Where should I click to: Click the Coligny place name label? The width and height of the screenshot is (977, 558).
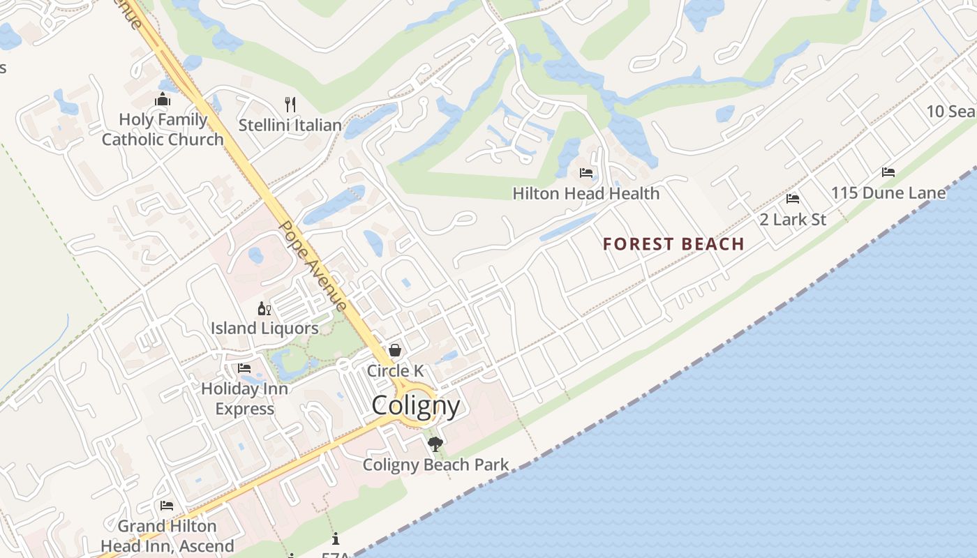(416, 405)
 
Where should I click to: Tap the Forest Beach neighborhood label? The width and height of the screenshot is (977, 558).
(673, 244)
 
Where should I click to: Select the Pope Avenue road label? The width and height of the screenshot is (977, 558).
(312, 266)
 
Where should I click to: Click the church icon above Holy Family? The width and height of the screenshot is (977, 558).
(163, 100)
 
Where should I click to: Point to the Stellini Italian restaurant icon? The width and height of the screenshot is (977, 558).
(290, 105)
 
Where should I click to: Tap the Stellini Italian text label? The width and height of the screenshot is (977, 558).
(290, 126)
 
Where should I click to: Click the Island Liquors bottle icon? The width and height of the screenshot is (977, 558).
(264, 308)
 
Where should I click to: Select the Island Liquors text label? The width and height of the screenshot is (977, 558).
(264, 328)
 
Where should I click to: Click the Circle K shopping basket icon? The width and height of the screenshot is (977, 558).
(395, 350)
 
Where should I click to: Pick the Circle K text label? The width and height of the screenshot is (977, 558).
(396, 371)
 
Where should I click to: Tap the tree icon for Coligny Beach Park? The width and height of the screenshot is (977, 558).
(435, 444)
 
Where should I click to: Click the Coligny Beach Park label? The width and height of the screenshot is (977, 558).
(435, 465)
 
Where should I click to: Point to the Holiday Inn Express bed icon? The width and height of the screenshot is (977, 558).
(244, 368)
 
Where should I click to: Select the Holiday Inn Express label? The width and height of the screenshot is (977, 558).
(244, 398)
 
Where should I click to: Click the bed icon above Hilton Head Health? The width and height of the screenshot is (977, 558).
(586, 173)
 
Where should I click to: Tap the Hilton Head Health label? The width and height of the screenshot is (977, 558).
(586, 193)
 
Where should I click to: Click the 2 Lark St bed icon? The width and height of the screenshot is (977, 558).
(792, 199)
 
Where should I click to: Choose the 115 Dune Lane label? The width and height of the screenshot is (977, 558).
(888, 193)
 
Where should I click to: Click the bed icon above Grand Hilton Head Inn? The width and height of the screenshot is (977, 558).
(167, 506)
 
